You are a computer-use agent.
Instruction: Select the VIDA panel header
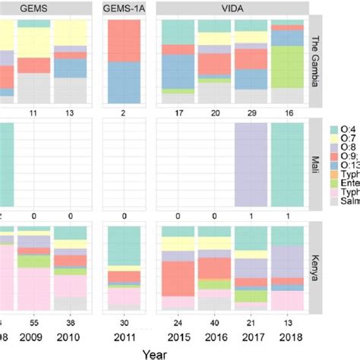pyautogui.click(x=232, y=7)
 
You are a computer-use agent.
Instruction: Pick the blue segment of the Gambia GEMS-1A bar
pyautogui.click(x=123, y=82)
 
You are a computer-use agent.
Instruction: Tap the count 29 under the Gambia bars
pyautogui.click(x=251, y=112)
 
